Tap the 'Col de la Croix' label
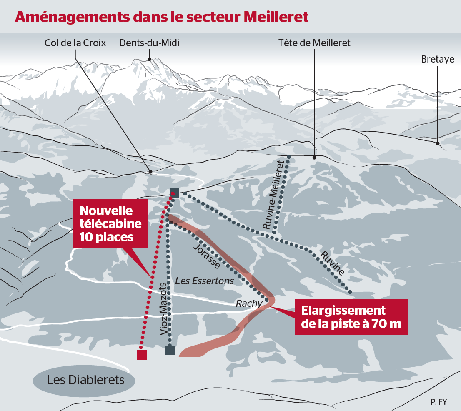[x=75, y=43]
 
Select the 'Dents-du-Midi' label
[x=149, y=43]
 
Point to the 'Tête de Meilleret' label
[x=314, y=43]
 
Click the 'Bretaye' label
[x=437, y=60]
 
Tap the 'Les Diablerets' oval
[x=85, y=380]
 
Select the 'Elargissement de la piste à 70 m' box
[x=351, y=317]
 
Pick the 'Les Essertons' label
[x=205, y=281]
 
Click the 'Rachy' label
[x=249, y=303]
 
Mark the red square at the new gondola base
[x=142, y=355]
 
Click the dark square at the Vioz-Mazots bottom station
[x=170, y=350]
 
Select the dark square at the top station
[x=174, y=193]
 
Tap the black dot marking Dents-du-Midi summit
[x=149, y=59]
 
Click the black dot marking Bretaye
[x=438, y=143]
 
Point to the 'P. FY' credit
[x=439, y=402]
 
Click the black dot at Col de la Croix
[x=150, y=172]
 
